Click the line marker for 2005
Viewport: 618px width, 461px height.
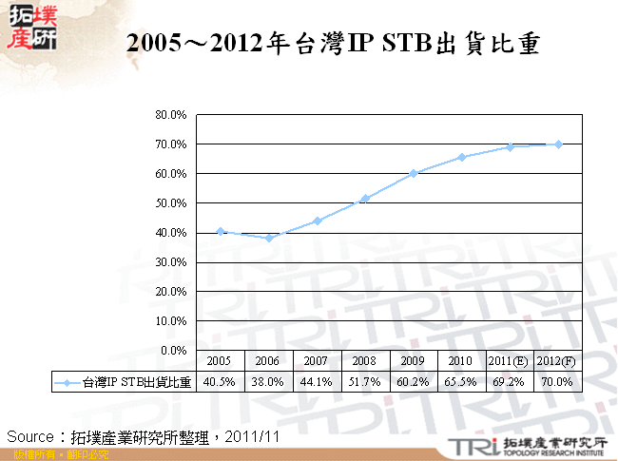(x=221, y=231)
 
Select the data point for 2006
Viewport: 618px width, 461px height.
(x=269, y=238)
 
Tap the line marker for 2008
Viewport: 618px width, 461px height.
(x=365, y=198)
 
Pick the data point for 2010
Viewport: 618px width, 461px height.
(x=461, y=157)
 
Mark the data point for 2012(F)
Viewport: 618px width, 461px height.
(x=557, y=144)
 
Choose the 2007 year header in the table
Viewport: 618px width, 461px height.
(x=317, y=361)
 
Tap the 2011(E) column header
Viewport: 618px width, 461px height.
(x=510, y=361)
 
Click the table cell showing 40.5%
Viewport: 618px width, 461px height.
(x=221, y=382)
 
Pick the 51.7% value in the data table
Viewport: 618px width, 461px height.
(x=365, y=382)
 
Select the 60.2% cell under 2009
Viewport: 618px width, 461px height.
(x=414, y=382)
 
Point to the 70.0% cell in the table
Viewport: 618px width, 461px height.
(x=557, y=382)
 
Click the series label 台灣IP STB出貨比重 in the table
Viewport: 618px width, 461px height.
(x=137, y=382)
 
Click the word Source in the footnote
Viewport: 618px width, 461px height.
(x=31, y=435)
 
